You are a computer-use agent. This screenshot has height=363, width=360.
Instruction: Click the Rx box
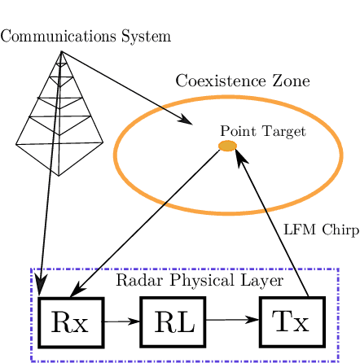click(71, 322)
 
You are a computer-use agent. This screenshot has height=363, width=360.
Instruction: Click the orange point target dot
click(228, 146)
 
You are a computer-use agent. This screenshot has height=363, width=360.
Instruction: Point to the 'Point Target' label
click(262, 130)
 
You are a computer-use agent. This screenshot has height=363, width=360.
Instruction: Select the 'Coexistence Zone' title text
click(243, 81)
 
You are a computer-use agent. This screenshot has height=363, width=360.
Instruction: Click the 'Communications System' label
click(86, 37)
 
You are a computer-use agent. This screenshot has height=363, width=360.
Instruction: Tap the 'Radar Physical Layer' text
click(200, 281)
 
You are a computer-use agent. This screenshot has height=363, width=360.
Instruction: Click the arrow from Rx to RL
click(121, 321)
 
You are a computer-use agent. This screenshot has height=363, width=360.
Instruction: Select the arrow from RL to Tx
click(232, 320)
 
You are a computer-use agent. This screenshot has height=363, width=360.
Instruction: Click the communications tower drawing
click(59, 122)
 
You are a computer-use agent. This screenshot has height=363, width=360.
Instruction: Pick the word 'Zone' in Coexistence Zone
click(292, 81)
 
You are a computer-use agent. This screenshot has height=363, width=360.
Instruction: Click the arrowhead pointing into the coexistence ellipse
click(185, 122)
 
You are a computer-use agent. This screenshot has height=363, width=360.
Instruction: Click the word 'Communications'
click(57, 37)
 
